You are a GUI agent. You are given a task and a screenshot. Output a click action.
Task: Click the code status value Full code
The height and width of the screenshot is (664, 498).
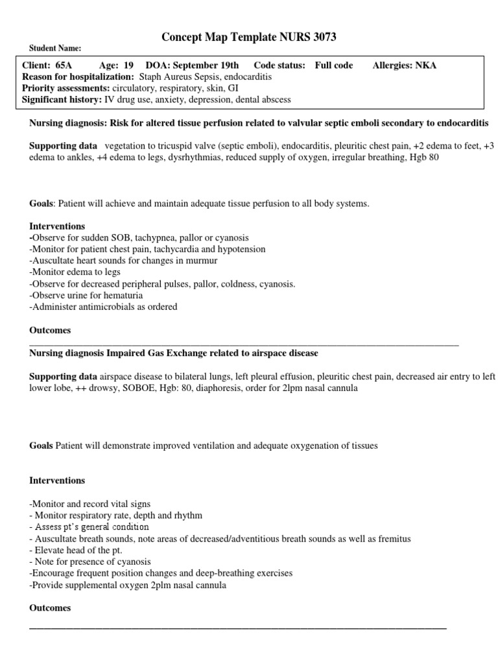(x=334, y=65)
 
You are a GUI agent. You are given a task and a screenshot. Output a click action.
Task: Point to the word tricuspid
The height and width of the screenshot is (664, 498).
(x=166, y=146)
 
